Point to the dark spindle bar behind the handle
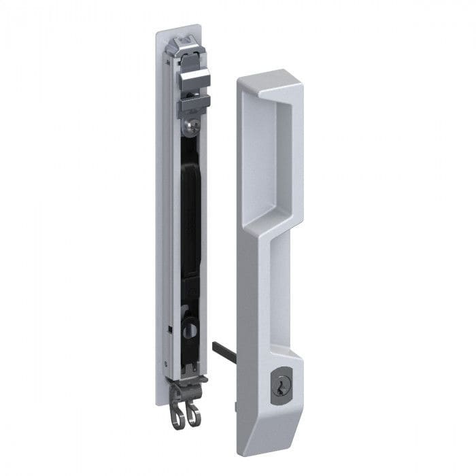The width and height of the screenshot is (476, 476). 220,353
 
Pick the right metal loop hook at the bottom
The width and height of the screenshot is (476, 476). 194,412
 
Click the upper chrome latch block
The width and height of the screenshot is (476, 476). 193,78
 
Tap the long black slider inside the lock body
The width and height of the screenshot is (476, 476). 190,218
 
